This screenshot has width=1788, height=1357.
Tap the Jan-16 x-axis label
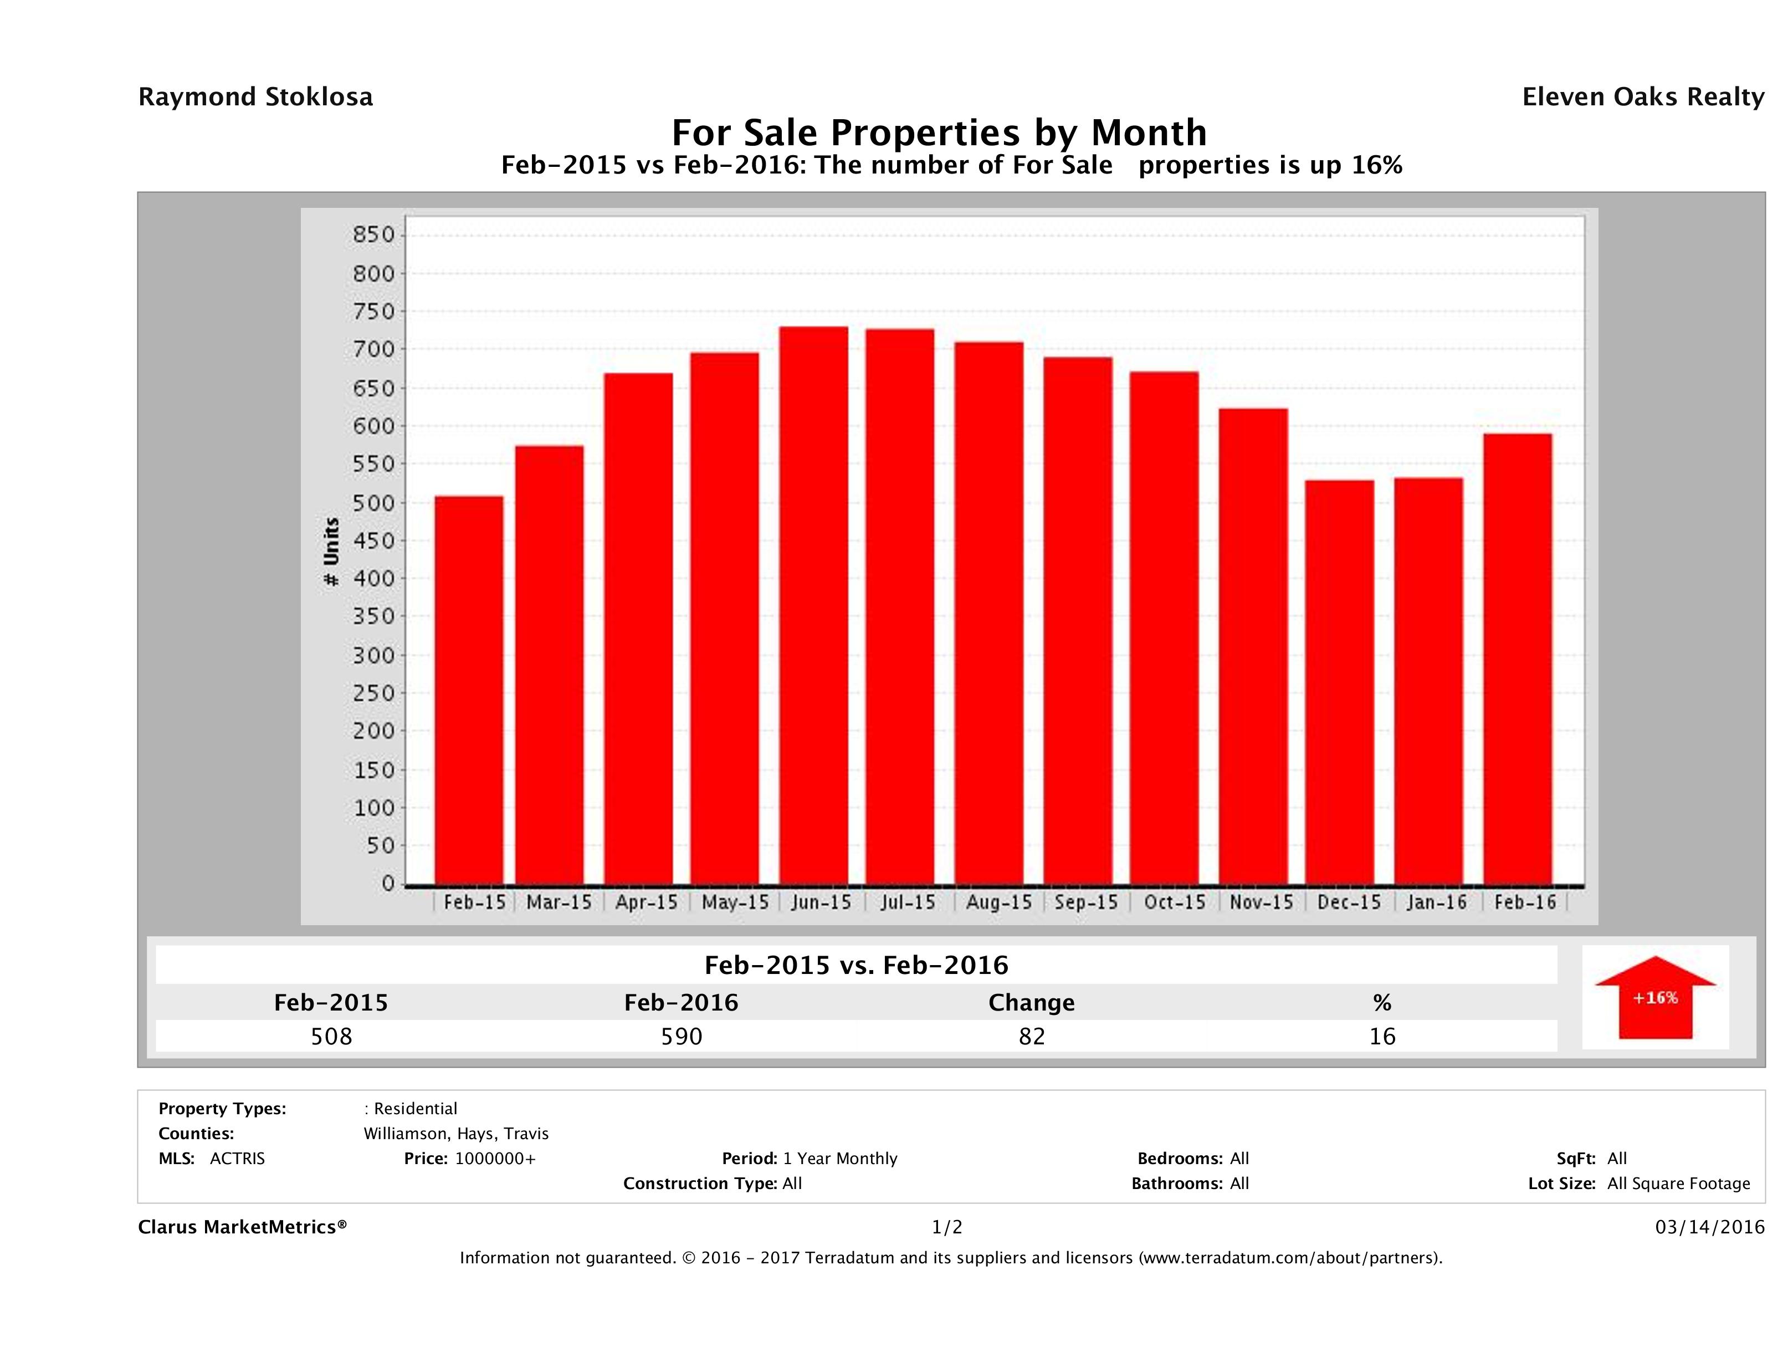tap(1436, 902)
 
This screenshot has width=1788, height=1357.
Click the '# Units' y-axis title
tap(331, 552)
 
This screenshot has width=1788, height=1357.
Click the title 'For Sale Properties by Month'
tap(939, 132)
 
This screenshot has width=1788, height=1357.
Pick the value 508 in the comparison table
tap(331, 1036)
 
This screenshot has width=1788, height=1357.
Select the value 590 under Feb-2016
tap(682, 1036)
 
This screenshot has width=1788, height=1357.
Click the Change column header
tap(1032, 1003)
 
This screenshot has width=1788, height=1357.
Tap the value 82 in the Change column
tap(1032, 1036)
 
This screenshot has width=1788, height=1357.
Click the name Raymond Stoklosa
tap(255, 97)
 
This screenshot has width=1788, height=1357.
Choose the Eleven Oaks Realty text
tap(1642, 97)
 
